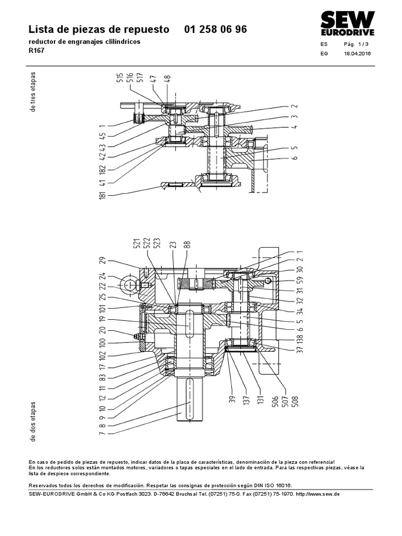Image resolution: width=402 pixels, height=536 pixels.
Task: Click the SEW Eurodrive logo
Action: tap(348, 23)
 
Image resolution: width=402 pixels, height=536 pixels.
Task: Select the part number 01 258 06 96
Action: tap(215, 29)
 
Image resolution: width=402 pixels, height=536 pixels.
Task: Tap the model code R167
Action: tap(37, 50)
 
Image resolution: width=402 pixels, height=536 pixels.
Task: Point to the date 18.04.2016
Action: tap(357, 53)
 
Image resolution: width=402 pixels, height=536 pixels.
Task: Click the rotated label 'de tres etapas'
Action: tap(33, 92)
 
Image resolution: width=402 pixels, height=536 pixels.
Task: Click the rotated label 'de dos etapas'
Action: tap(33, 421)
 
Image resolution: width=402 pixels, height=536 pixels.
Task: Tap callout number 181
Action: tap(102, 195)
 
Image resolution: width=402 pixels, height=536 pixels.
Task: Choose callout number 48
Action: tap(167, 80)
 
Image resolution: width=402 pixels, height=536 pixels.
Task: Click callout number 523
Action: tap(157, 243)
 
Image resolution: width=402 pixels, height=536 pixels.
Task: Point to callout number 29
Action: tap(102, 261)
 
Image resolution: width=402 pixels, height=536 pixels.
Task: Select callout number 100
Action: tap(102, 343)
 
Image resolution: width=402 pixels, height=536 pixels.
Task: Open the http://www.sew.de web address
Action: tap(318, 494)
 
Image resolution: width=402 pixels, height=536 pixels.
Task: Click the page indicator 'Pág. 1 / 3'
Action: tap(356, 44)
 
